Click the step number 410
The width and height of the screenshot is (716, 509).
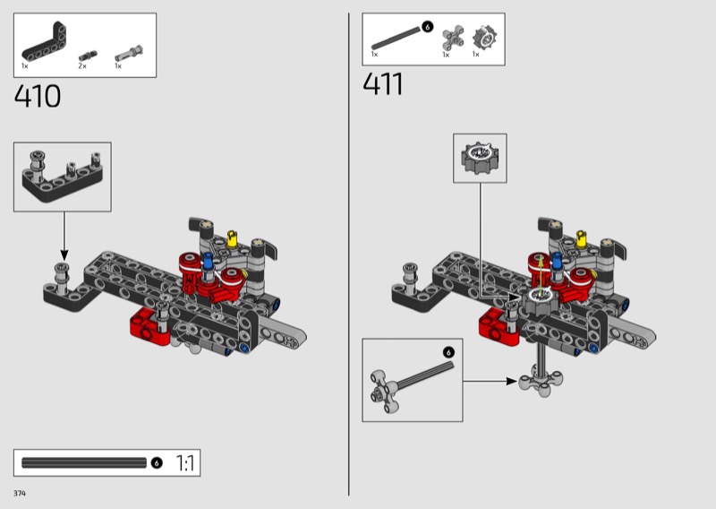38,96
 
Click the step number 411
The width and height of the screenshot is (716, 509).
383,84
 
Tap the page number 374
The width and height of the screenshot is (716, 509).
20,493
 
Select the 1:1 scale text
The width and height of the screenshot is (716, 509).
185,463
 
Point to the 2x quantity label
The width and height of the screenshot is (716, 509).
82,66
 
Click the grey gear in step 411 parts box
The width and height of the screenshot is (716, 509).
484,37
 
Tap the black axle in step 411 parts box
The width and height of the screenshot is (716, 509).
396,38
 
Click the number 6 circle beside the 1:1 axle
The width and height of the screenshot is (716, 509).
156,462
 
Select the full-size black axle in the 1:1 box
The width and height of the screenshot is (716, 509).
84,462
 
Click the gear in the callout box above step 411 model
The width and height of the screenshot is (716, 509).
480,158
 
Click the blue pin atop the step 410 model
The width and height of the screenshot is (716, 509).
209,261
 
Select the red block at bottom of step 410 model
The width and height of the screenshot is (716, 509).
147,326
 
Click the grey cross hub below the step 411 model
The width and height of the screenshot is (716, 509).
541,380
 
